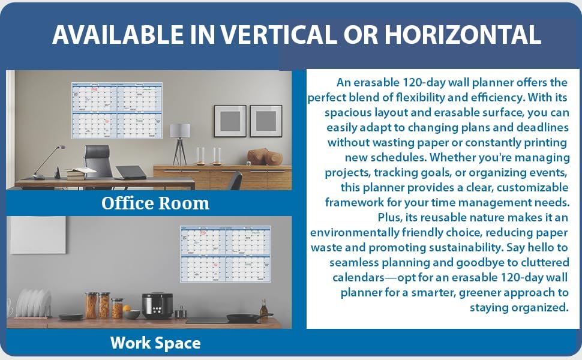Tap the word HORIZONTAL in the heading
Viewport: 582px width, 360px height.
[x=463, y=35]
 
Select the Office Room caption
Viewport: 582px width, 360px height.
[x=155, y=203]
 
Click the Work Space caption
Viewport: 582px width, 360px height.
[x=155, y=343]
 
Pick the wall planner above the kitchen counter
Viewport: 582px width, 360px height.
[x=226, y=253]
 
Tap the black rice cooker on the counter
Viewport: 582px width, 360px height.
[x=157, y=305]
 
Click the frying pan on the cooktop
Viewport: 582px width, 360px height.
[x=246, y=317]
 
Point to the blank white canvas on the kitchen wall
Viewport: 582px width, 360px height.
[x=38, y=235]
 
